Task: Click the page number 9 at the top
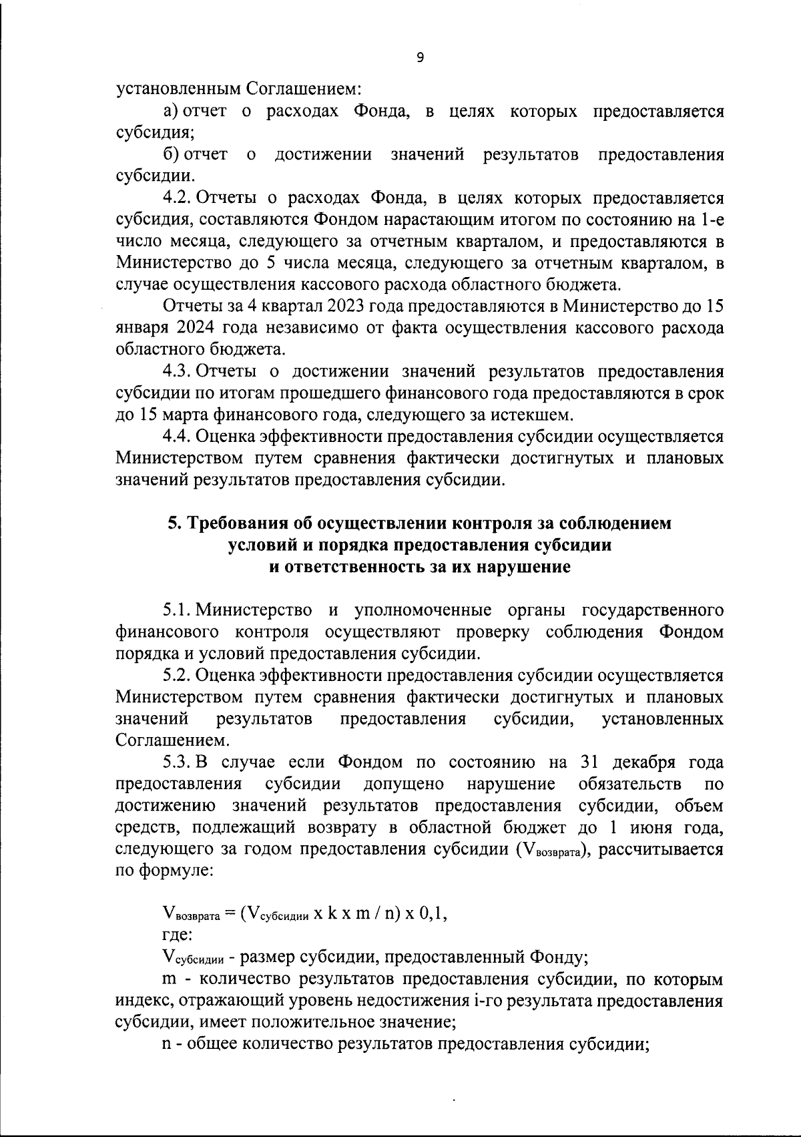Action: click(x=419, y=57)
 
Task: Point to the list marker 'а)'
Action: click(x=170, y=111)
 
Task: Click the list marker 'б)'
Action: click(x=170, y=155)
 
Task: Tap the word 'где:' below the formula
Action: click(x=177, y=935)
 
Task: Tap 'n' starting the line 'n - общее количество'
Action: click(x=167, y=1044)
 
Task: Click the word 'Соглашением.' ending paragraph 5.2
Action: click(x=172, y=740)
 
